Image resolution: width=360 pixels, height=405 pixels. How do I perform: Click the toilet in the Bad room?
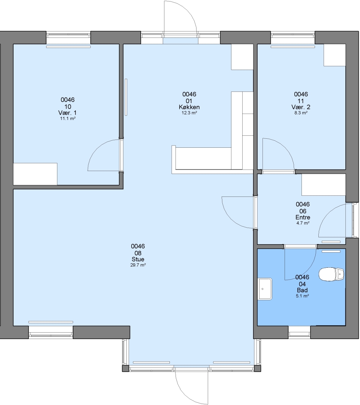coord(331,274)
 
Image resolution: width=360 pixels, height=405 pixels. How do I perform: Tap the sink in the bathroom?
coord(265,289)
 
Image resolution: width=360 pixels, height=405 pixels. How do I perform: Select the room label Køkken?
coord(189,107)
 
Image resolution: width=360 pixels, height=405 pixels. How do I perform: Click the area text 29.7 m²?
coord(138,265)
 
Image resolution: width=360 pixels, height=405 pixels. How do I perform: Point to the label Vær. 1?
coord(67,112)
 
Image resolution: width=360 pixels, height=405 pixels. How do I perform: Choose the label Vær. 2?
coord(301,107)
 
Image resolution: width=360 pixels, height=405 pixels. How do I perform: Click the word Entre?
coord(303,217)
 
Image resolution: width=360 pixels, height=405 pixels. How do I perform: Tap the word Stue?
coord(138,259)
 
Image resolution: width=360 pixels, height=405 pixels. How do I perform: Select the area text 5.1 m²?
coord(302,296)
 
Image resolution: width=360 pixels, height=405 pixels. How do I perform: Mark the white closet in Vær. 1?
coord(35,174)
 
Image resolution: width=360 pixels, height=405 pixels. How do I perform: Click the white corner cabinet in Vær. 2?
coord(335,55)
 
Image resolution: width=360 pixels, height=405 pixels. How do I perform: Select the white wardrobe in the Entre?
coord(324,184)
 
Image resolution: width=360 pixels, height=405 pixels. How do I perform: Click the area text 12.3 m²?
coord(189,113)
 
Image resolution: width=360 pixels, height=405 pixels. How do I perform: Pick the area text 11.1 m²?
coord(67,118)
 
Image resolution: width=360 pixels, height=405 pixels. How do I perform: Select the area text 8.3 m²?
coord(301,113)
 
